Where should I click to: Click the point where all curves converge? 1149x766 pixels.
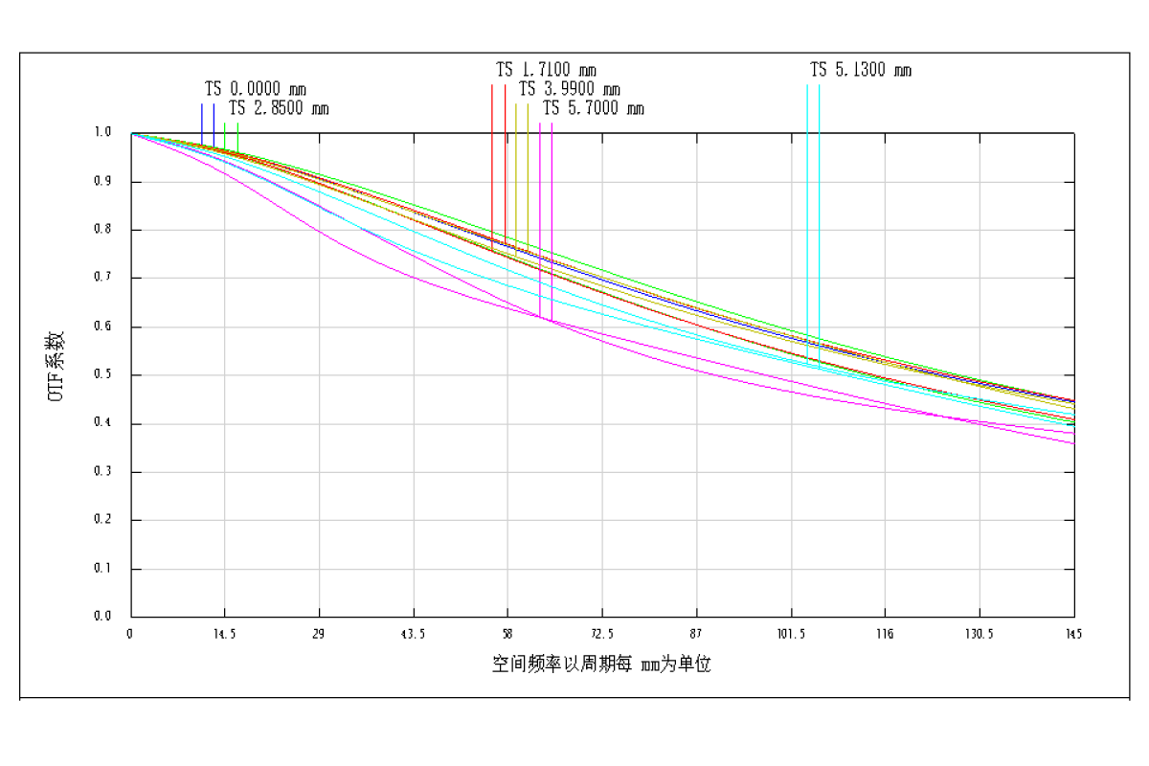tap(132, 134)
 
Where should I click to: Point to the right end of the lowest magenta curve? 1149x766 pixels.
tap(1074, 443)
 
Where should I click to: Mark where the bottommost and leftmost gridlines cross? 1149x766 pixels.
tap(225, 570)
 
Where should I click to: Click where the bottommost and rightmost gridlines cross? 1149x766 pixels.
tap(980, 570)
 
